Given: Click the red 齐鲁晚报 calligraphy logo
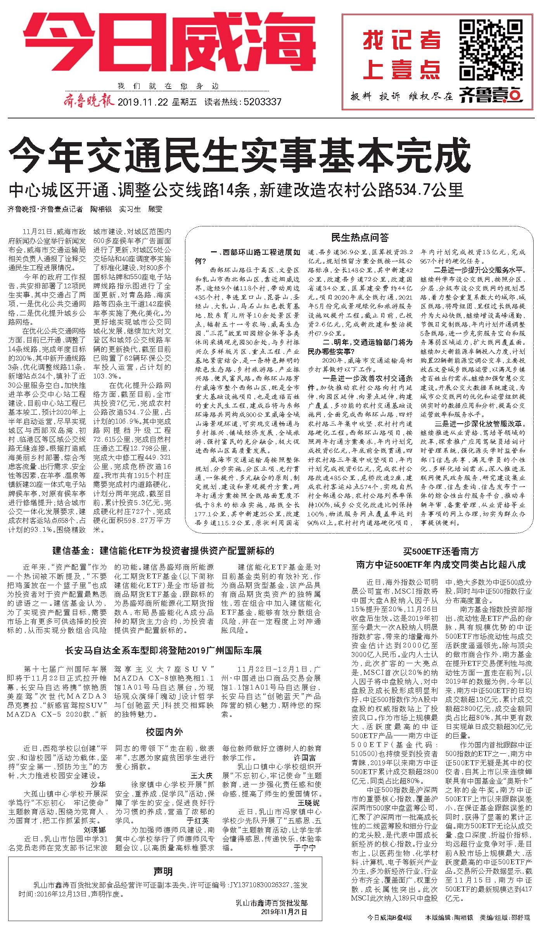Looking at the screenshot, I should [x=88, y=102].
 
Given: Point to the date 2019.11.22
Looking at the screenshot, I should [x=143, y=102].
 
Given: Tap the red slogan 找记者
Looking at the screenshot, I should [x=402, y=40].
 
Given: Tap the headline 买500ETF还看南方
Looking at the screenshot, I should [x=440, y=551].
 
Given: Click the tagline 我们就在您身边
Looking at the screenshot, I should [x=168, y=86].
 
